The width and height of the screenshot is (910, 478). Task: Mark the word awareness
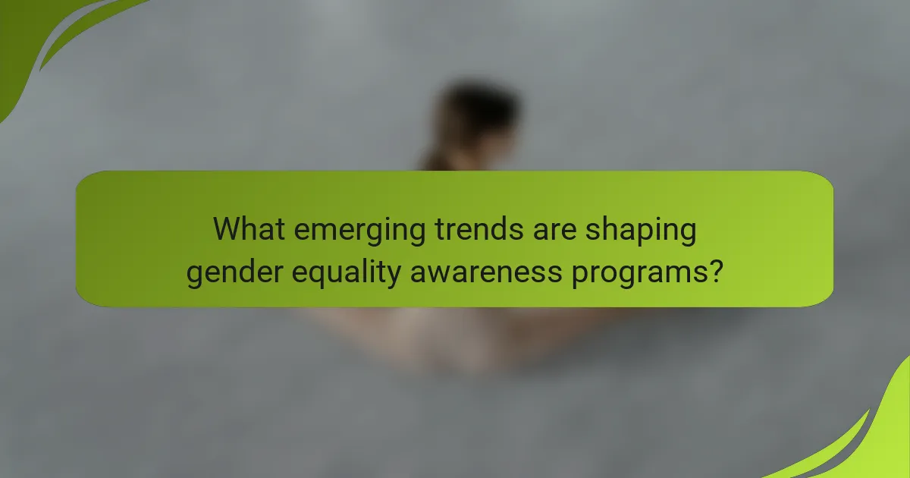490,272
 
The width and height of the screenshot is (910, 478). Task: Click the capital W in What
228,228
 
